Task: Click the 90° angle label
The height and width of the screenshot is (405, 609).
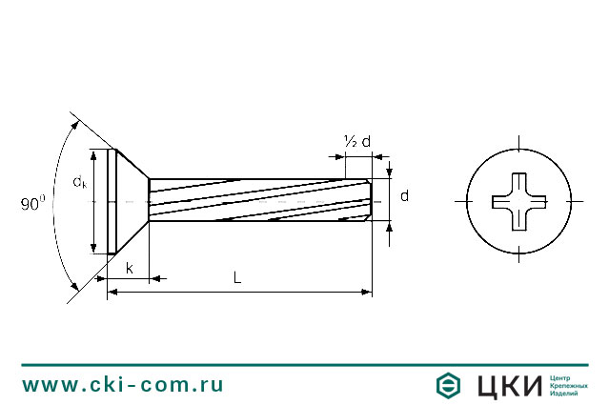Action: (32, 203)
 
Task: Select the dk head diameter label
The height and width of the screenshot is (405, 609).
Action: (79, 182)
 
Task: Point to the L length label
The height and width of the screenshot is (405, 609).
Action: (236, 277)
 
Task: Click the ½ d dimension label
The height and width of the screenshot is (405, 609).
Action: (356, 142)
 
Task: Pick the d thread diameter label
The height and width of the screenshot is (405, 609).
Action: (405, 195)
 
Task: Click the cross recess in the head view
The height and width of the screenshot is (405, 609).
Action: (519, 201)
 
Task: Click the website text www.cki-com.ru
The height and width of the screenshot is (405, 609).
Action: (123, 384)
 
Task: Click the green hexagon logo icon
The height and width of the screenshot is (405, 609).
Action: (448, 385)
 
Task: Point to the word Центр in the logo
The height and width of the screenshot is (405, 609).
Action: (560, 376)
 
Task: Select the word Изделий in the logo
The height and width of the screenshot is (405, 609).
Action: (565, 394)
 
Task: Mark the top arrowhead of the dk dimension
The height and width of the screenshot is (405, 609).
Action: (93, 154)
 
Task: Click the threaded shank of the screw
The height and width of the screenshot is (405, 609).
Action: (257, 201)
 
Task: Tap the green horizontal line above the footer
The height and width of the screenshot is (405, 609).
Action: (304, 364)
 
